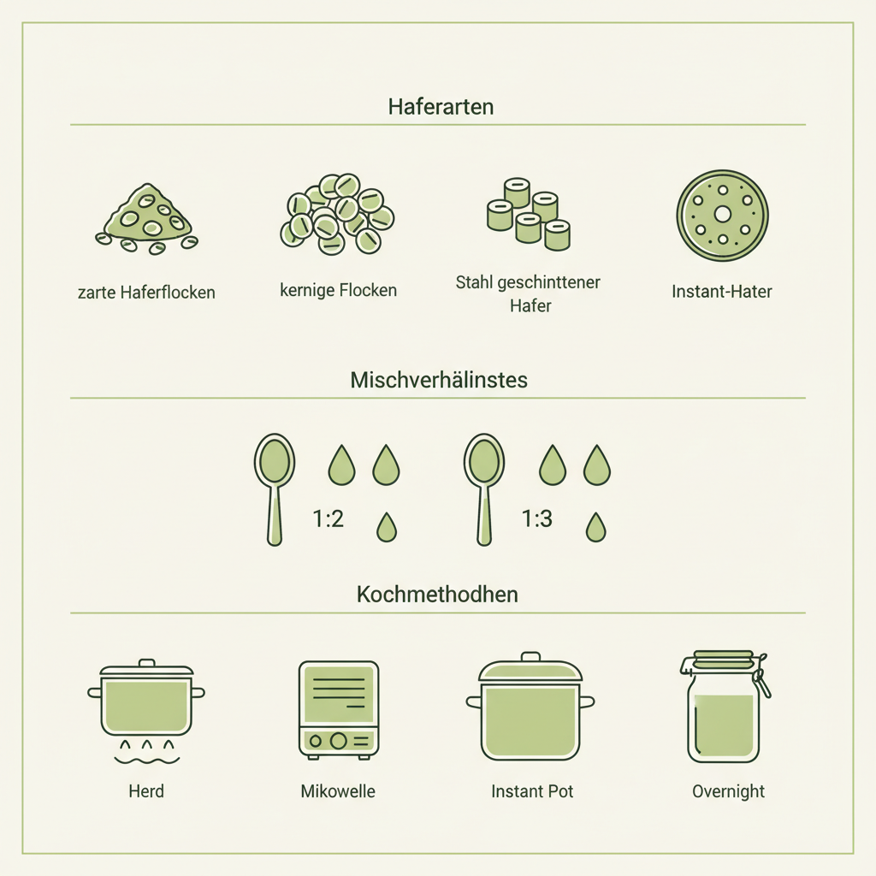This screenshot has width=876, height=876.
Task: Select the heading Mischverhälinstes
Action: pos(439,381)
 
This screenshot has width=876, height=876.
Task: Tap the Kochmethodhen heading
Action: pos(437,594)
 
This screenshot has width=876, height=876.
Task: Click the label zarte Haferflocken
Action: pos(146,293)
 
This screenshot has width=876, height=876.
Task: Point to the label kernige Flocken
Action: pos(339,291)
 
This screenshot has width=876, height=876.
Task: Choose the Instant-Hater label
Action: pos(722,292)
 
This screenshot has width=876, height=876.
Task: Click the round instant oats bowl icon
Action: pos(723,215)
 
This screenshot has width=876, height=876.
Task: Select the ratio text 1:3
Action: pos(536,518)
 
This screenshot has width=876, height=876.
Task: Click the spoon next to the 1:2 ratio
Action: pos(275,488)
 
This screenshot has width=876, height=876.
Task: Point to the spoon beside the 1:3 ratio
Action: pos(484,488)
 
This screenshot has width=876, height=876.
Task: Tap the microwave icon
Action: pos(339,708)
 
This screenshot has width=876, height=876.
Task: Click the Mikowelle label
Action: pos(338,791)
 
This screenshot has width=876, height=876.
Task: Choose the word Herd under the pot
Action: pos(145,791)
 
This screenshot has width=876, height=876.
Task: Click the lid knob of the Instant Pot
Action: pos(531,657)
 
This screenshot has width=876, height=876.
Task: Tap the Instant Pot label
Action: pos(532,791)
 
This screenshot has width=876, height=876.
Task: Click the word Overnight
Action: pos(728,791)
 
